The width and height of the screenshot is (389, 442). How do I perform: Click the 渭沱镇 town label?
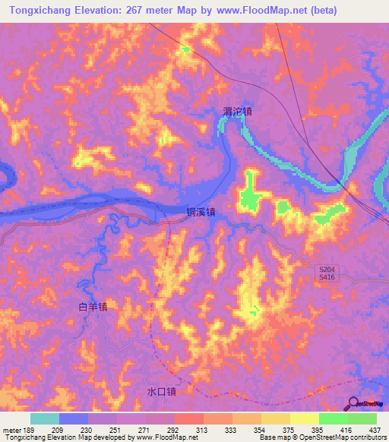coord(237,111)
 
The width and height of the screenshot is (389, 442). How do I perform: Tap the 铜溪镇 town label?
coord(201,213)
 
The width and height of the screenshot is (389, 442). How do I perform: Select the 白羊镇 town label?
coord(93,307)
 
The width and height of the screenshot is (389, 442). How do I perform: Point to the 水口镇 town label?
coord(162,392)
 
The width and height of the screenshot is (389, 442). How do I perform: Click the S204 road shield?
coord(326,270)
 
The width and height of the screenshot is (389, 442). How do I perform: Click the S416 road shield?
coord(326,279)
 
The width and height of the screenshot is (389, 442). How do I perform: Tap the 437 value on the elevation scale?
coord(375,429)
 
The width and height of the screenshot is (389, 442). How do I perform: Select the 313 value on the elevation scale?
coord(203,429)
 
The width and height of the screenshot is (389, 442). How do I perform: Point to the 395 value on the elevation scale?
coord(318,429)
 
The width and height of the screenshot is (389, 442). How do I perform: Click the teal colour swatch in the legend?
coord(45,418)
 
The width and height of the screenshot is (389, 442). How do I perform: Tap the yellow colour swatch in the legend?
coord(305,418)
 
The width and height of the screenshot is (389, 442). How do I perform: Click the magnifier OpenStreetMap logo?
coord(353,403)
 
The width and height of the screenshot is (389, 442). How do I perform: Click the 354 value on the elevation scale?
coord(260,429)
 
